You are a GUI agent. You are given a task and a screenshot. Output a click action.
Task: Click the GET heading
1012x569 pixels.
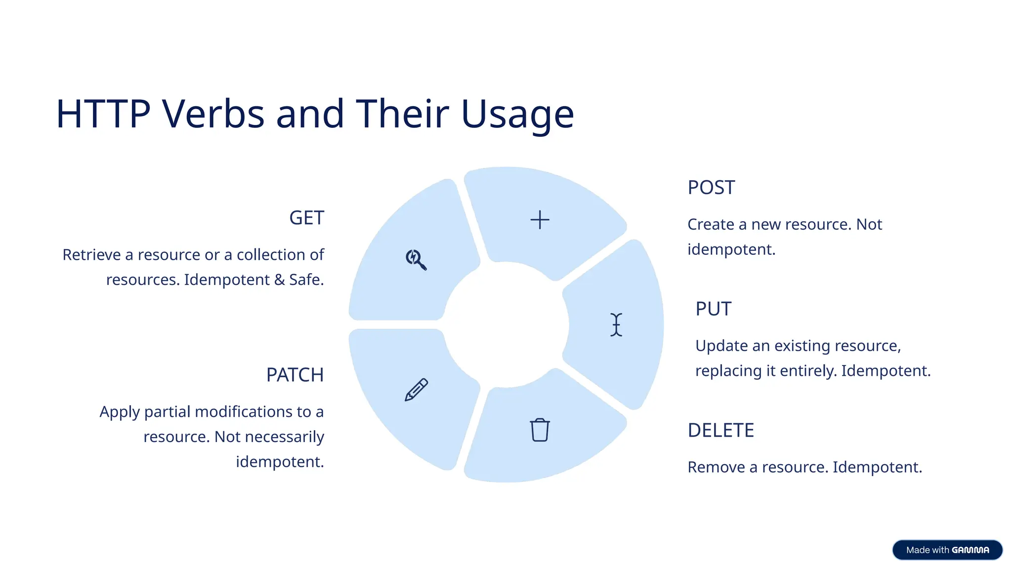[x=306, y=218]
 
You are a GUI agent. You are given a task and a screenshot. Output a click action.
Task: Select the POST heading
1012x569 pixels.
[x=711, y=188]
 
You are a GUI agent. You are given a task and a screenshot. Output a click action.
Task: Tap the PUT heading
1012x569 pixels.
[x=713, y=309]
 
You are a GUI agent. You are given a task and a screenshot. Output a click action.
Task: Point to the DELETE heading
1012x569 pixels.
[x=720, y=431]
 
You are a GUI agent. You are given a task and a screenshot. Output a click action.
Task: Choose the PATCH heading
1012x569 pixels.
[x=295, y=375]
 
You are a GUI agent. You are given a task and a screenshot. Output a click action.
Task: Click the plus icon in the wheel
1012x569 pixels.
[x=540, y=220]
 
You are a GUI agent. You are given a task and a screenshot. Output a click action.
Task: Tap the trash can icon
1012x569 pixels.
[x=540, y=430]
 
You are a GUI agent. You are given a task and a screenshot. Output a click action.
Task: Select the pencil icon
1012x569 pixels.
[x=416, y=390]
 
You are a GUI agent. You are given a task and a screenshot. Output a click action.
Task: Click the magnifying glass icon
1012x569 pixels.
[x=416, y=259]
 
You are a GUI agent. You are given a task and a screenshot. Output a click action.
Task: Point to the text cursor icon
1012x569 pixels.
[x=616, y=325]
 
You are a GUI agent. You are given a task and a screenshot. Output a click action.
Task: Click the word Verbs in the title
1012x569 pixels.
[x=213, y=114]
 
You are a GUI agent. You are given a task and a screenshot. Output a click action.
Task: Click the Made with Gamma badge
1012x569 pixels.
[x=947, y=550]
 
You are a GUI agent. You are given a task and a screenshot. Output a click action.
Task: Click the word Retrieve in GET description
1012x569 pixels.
[x=91, y=255]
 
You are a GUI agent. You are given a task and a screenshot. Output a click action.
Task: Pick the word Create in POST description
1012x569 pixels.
[x=711, y=225]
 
